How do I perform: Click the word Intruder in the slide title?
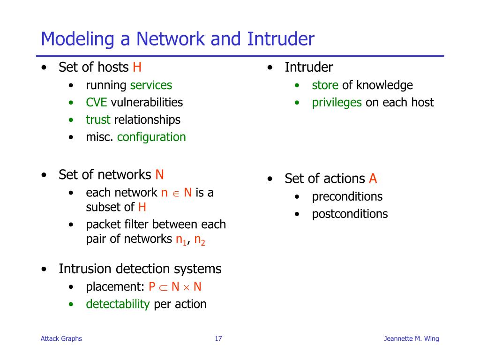point(281,39)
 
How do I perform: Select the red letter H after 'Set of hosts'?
point(137,67)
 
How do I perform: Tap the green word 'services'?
point(151,85)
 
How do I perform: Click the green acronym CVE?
point(97,102)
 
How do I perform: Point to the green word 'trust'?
point(98,120)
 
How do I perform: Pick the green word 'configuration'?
point(151,137)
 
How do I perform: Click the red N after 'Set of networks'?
point(159,175)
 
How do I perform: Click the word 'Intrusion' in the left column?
point(85,269)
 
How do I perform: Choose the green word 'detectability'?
point(118,304)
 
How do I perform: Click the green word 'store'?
point(325,85)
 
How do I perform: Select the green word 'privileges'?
point(337,103)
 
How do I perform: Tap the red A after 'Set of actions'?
point(373,179)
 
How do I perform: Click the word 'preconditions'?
point(347,196)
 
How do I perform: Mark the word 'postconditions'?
point(350,214)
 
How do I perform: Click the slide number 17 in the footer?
point(218,339)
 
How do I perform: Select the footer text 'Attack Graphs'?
point(61,339)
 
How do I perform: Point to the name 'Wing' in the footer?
point(431,339)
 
